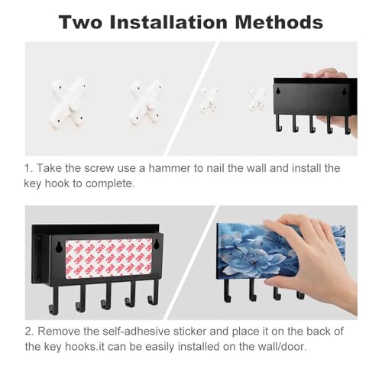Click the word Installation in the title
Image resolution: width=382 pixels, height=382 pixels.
click(x=168, y=22)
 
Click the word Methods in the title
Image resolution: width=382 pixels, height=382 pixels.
click(x=279, y=22)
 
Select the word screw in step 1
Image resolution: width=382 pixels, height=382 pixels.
click(x=99, y=169)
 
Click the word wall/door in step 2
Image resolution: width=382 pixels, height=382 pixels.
click(x=282, y=347)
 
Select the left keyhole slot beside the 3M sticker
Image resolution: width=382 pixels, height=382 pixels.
click(x=60, y=248)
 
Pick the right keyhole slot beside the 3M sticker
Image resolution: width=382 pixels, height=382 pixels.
click(x=157, y=244)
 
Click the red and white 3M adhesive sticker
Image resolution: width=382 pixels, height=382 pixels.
click(x=108, y=258)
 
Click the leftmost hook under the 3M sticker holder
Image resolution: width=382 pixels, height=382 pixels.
click(x=53, y=300)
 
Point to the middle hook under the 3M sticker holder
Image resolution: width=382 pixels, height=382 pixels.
click(x=106, y=296)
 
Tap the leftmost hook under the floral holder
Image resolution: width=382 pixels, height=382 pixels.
click(x=227, y=290)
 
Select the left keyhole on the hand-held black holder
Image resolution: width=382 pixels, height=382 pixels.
click(x=279, y=90)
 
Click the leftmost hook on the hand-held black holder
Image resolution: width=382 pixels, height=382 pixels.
click(x=279, y=123)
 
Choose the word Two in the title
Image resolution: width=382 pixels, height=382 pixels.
click(x=80, y=22)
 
